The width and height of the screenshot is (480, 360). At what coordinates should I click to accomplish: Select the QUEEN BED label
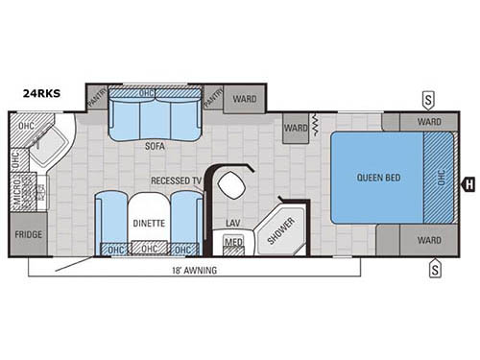pyautogui.click(x=379, y=178)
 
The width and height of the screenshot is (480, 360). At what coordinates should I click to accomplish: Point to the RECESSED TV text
pyautogui.click(x=176, y=180)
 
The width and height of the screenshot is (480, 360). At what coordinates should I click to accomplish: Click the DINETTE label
pyautogui.click(x=148, y=223)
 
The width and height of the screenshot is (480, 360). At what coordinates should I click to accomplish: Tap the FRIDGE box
pyautogui.click(x=27, y=234)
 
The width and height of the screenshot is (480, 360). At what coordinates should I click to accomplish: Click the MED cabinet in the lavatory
pyautogui.click(x=233, y=244)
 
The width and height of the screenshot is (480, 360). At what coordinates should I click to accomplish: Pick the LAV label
pyautogui.click(x=232, y=223)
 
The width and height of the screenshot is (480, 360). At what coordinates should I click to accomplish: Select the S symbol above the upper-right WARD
pyautogui.click(x=434, y=99)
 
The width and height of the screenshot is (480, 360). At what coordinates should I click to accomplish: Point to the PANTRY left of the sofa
pyautogui.click(x=97, y=97)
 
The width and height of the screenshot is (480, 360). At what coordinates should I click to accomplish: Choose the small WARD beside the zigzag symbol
pyautogui.click(x=296, y=127)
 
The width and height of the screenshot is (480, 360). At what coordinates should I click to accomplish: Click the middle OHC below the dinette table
pyautogui.click(x=148, y=249)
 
